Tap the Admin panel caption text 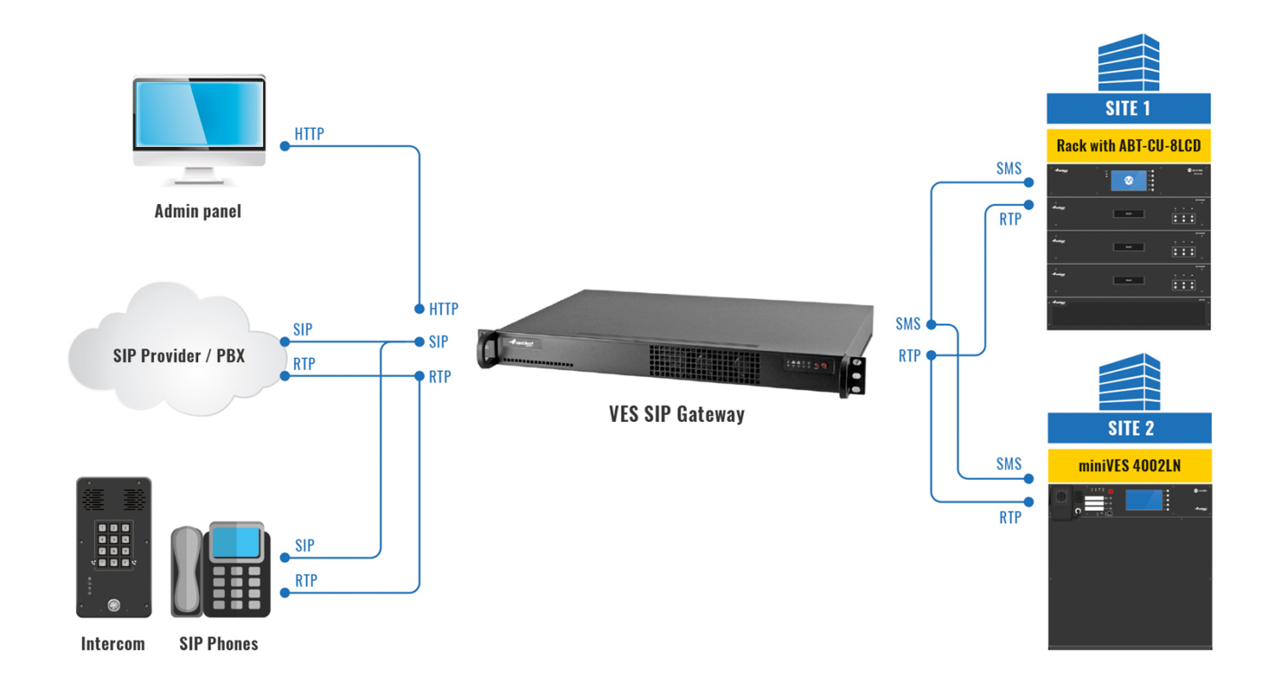[x=197, y=211]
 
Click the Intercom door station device [x=114, y=547]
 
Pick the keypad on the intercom [x=114, y=544]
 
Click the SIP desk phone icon [x=221, y=570]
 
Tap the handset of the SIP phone [x=186, y=571]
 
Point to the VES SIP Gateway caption [x=676, y=414]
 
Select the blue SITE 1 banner [x=1128, y=108]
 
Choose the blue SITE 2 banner [x=1129, y=428]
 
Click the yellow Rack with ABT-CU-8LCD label [x=1128, y=145]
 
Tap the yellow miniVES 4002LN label [x=1129, y=465]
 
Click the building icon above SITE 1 [x=1128, y=62]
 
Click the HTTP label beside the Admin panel [x=309, y=134]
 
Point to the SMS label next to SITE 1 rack [x=1009, y=168]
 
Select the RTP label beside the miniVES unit [x=1009, y=518]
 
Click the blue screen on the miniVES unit [x=1144, y=500]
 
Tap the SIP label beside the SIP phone [x=304, y=545]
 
